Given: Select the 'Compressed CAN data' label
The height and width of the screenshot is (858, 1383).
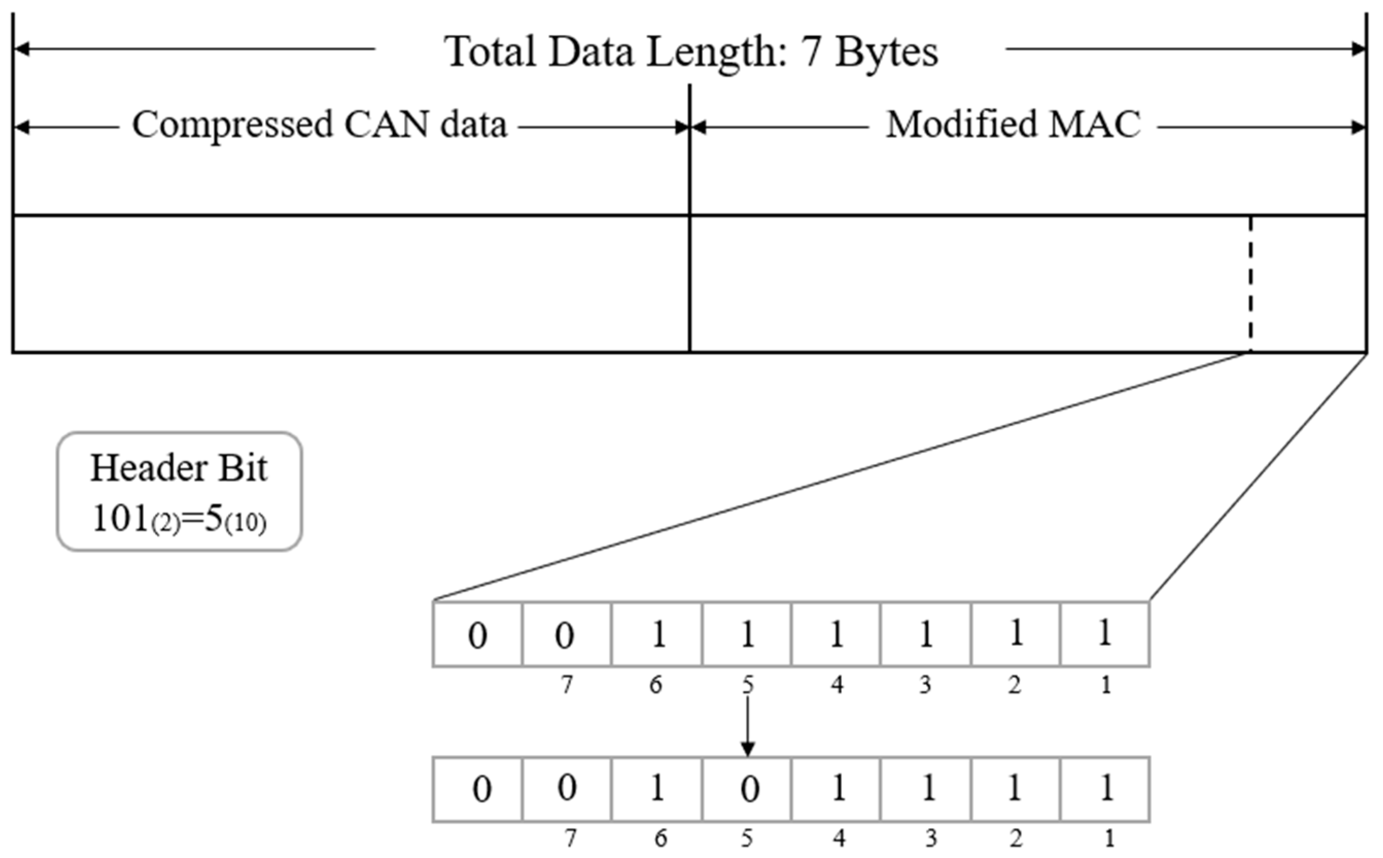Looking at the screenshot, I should click(x=319, y=124).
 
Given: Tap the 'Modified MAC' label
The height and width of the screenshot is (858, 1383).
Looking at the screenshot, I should click(x=1013, y=124).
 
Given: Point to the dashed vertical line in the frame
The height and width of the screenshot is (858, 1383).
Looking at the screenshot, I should click(x=1250, y=284).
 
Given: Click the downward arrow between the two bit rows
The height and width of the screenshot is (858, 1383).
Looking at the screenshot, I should click(x=747, y=726).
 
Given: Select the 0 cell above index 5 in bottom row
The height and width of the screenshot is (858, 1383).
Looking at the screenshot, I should click(x=747, y=790).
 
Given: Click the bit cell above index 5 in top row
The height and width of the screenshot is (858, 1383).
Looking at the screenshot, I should click(x=747, y=634).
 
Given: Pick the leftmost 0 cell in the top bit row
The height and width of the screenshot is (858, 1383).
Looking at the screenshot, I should click(x=477, y=634).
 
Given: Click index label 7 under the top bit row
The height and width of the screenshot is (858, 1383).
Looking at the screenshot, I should click(x=567, y=685).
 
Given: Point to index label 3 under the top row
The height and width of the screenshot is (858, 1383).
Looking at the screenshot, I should click(x=925, y=685).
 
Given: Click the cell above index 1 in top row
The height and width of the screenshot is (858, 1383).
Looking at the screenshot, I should click(x=1104, y=634).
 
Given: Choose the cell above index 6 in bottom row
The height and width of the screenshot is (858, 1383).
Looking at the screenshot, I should click(x=657, y=790).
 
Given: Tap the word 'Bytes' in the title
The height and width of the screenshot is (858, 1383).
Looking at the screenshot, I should click(x=886, y=52).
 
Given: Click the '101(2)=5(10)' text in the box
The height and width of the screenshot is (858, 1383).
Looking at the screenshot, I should click(x=179, y=519).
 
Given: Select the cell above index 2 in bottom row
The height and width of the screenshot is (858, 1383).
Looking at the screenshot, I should click(x=1014, y=790).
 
